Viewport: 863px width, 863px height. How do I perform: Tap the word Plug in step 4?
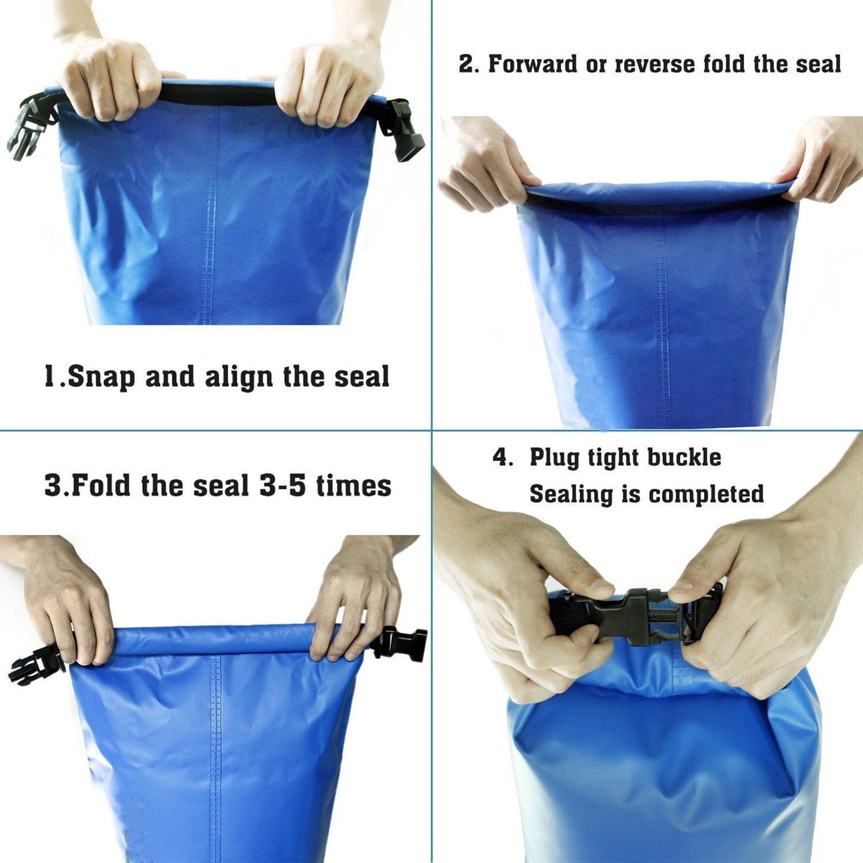coord(554,458)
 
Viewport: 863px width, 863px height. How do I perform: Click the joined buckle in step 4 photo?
coord(636,615)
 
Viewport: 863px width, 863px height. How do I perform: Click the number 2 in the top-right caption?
coord(465,65)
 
